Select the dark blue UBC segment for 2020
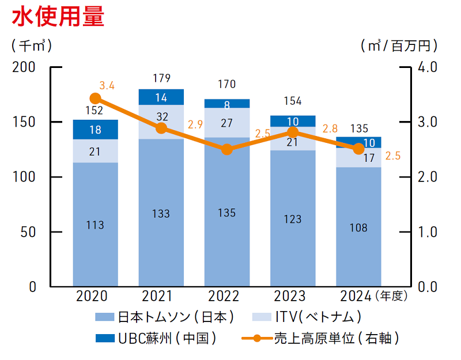pyautogui.click(x=95, y=130)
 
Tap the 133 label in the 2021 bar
pyautogui.click(x=161, y=214)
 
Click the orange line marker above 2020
pyautogui.click(x=96, y=98)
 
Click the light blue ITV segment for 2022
pyautogui.click(x=227, y=123)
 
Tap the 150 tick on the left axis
pyautogui.click(x=26, y=122)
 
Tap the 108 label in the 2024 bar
pyautogui.click(x=358, y=228)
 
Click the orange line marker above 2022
pyautogui.click(x=227, y=149)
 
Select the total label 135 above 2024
pyautogui.click(x=358, y=128)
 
